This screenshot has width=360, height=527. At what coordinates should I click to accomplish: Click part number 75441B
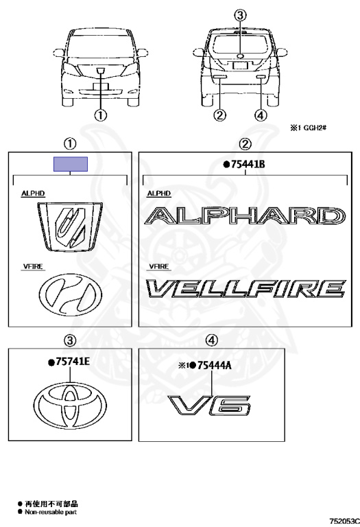[x=248, y=164]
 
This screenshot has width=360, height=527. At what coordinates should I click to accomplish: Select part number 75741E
[x=73, y=362]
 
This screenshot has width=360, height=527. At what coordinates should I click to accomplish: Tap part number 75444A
[x=214, y=365]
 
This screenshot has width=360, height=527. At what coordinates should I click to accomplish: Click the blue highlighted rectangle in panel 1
[x=71, y=164]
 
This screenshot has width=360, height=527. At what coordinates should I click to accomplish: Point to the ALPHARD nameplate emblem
[x=245, y=215]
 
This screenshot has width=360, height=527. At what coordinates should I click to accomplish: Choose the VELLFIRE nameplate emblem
[x=245, y=289]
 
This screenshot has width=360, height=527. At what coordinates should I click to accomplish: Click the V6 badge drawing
[x=209, y=406]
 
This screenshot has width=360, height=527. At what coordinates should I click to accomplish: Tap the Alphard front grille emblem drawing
[x=70, y=226]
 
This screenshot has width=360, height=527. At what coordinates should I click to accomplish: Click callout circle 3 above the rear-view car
[x=240, y=15]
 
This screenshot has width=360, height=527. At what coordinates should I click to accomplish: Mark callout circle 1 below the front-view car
[x=100, y=115]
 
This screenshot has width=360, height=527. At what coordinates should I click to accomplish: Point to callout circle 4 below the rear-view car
[x=261, y=115]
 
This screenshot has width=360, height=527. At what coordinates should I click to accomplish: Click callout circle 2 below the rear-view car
[x=219, y=115]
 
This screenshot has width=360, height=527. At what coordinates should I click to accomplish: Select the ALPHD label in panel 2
[x=159, y=194]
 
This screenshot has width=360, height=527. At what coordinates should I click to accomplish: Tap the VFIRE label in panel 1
[x=33, y=266]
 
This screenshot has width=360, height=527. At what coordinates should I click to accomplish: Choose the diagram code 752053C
[x=344, y=521]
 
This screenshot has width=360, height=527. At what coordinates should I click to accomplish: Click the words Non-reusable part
[x=51, y=512]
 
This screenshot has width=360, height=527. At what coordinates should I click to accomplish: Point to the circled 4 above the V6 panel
[x=212, y=340]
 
